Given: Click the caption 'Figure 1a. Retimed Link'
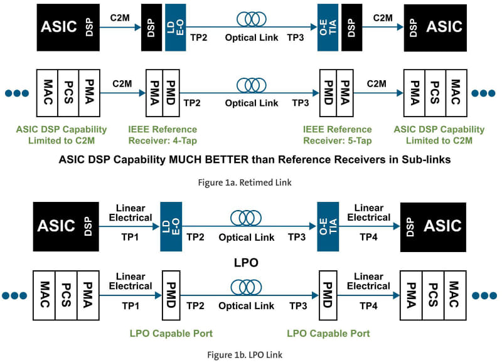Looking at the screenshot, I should tap(250, 183).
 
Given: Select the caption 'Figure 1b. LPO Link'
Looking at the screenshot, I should tap(250, 354).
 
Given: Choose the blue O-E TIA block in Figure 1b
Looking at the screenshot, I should tap(327, 225).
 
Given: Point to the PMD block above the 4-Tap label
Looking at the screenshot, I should tap(171, 93).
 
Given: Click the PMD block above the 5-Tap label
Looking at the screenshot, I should tap(328, 93).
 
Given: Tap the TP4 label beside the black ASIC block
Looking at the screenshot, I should tap(369, 238).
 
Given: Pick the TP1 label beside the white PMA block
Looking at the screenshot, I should tap(131, 306).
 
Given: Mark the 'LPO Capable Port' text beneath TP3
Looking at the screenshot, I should tap(328, 333).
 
